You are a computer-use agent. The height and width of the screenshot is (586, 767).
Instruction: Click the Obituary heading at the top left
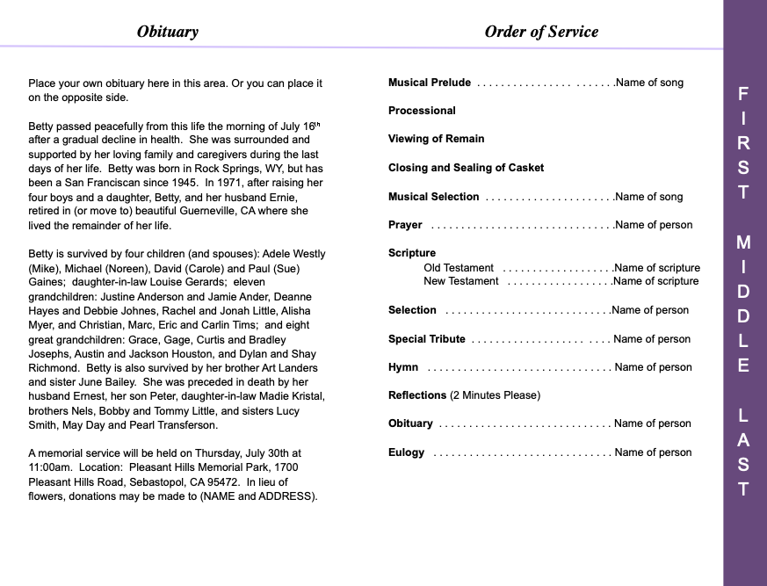click(167, 32)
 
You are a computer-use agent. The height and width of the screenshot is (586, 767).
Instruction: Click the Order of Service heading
click(541, 32)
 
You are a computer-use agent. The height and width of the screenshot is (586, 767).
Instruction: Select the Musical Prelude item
click(430, 83)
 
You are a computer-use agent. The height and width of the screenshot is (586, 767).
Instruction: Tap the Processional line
click(422, 111)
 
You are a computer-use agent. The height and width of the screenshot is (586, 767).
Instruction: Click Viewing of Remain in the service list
click(436, 139)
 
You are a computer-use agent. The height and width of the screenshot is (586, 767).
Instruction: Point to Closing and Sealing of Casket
click(466, 168)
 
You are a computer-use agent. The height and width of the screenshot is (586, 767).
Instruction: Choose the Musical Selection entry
click(434, 197)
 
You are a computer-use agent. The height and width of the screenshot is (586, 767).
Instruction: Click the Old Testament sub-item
click(459, 268)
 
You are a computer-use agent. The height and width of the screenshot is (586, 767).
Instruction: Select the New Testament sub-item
click(461, 281)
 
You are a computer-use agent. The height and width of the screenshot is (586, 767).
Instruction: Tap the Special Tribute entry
click(427, 339)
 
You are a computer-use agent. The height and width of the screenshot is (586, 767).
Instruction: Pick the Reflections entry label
click(417, 395)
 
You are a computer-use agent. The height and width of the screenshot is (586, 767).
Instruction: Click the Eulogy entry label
click(406, 452)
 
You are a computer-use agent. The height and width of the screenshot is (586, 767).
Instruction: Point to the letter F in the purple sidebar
click(743, 92)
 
